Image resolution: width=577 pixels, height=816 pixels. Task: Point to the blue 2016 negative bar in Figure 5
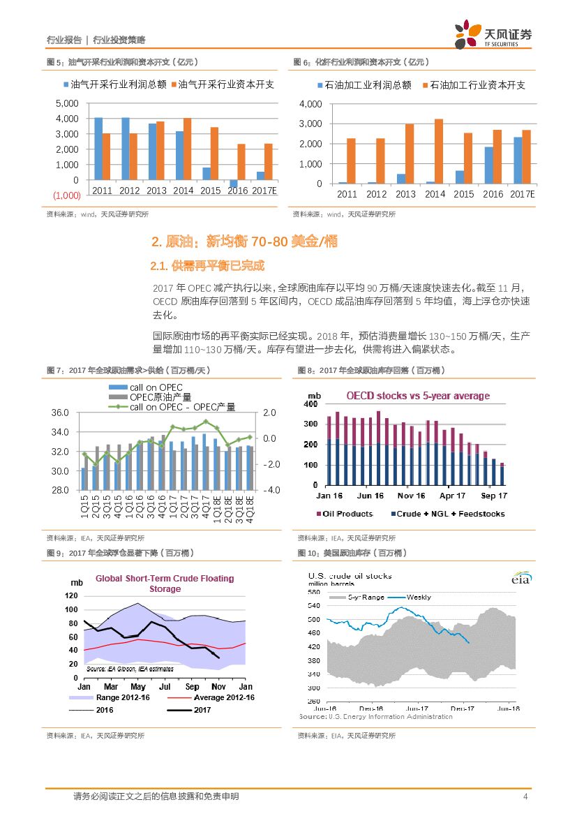234,184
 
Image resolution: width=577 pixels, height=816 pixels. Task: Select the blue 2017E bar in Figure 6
518,160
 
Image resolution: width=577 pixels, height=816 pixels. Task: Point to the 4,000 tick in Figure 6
309,104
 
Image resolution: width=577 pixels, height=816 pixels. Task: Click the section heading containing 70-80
244,242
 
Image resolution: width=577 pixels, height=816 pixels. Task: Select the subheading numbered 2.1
207,266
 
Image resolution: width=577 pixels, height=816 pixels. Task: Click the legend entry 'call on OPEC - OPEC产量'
181,407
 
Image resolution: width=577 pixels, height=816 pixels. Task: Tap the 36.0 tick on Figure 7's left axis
60,413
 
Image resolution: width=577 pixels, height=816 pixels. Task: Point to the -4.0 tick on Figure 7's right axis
271,490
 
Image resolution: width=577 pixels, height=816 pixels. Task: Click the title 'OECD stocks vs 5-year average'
418,396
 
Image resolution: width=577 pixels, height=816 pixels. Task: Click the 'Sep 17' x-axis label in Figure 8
494,496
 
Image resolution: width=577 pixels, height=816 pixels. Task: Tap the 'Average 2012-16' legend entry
224,697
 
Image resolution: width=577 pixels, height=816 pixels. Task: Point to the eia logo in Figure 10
520,579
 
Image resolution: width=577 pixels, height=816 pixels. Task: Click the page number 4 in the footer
525,796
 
